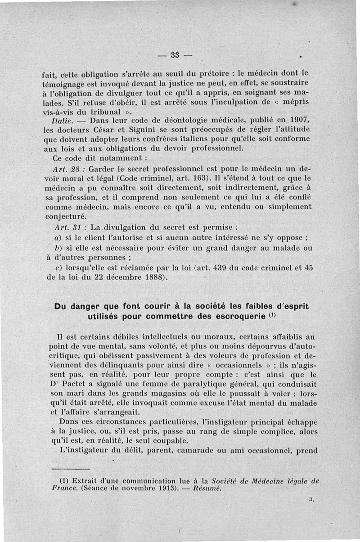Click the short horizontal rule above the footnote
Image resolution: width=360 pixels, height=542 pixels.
click(68, 469)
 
